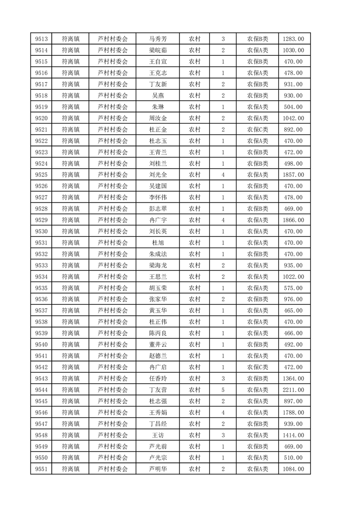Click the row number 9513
41,39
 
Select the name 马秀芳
158,39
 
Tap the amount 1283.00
294,39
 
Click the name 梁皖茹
158,50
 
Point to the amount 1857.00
294,175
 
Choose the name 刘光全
158,175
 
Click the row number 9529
41,220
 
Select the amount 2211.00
294,390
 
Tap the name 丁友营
158,390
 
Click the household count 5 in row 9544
223,390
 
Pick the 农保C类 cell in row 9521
257,130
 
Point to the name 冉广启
158,367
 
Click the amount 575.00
294,288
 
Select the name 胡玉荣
158,288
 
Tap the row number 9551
41,469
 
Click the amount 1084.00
294,469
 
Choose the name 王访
158,435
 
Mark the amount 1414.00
294,435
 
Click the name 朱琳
158,107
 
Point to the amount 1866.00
294,220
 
